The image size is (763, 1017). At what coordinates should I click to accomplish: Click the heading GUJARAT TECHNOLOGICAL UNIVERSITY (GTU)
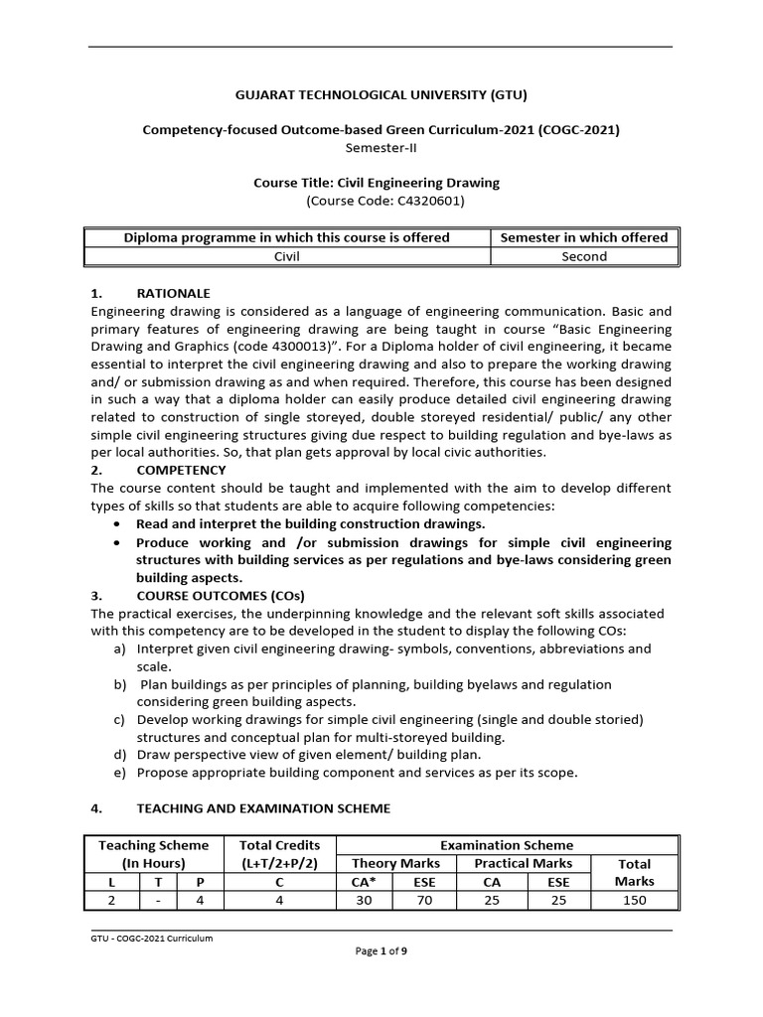pos(381,95)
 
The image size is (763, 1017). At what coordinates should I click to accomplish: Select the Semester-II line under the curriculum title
pos(381,147)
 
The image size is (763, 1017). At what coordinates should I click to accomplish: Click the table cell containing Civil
pos(286,256)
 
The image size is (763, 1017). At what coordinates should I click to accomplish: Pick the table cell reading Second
pos(584,256)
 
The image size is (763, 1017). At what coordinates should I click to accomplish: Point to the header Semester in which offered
pos(584,237)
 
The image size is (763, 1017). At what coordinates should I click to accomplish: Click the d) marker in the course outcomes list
pos(120,755)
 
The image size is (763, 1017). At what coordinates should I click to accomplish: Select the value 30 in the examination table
pos(365,901)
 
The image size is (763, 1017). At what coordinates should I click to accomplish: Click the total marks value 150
pos(634,901)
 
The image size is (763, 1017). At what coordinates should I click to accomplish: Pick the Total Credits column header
pos(279,854)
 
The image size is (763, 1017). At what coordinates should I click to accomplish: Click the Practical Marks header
pos(524,864)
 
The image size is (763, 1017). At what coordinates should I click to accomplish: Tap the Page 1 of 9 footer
pos(381,951)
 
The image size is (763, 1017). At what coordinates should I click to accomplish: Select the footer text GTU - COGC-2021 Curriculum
pos(151,939)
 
